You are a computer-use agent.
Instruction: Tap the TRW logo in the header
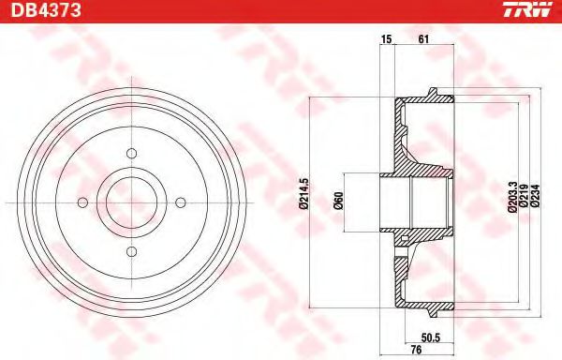tap(531, 10)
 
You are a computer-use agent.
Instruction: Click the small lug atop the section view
tap(432, 92)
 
